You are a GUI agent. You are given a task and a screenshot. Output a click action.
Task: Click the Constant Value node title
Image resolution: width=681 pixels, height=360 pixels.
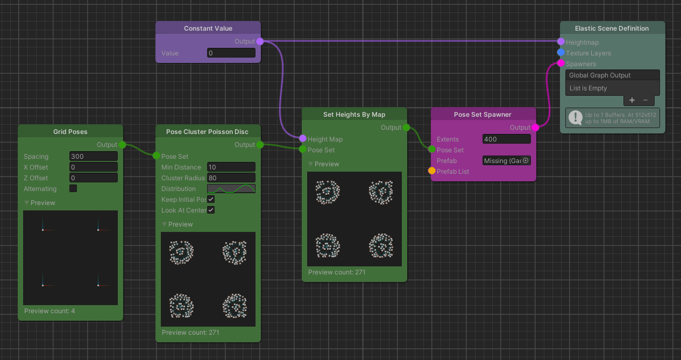click(208, 29)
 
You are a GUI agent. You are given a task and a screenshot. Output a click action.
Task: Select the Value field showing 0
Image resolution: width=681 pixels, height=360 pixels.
click(231, 53)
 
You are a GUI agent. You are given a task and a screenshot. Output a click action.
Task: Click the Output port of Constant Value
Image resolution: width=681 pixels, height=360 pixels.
click(260, 41)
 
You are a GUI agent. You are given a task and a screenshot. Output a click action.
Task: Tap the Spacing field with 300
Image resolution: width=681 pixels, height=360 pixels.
click(94, 157)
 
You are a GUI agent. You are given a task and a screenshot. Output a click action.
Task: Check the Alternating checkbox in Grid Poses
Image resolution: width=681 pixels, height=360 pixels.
click(73, 189)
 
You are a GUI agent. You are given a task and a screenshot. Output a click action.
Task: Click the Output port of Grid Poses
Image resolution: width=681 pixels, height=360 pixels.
click(122, 145)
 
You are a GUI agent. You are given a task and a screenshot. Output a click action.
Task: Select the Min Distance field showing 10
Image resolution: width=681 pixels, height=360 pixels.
click(231, 167)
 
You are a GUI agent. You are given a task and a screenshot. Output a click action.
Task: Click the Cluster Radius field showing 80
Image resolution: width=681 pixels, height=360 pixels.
click(231, 178)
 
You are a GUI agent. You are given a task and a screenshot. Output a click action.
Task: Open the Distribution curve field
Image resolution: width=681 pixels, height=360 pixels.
click(231, 189)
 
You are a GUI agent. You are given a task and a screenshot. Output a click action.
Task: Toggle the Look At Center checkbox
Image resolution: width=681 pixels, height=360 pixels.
click(211, 210)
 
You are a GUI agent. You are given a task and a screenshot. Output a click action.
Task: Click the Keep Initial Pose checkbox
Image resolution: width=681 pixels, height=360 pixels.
click(211, 200)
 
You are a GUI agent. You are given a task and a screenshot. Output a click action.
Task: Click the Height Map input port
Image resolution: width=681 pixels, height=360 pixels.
click(303, 139)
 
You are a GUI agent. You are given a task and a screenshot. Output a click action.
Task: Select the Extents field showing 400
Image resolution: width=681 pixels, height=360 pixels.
click(507, 139)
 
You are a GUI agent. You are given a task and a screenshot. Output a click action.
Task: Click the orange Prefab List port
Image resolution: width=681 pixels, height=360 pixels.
click(432, 171)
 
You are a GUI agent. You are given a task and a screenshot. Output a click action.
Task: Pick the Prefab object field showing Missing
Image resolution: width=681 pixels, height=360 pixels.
click(503, 161)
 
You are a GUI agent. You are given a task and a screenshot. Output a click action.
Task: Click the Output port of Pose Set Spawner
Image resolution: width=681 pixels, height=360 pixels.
click(535, 128)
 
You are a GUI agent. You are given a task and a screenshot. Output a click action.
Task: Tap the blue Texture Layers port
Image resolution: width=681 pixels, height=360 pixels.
click(561, 53)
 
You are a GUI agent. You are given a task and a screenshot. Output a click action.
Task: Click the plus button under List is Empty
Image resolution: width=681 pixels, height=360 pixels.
click(632, 100)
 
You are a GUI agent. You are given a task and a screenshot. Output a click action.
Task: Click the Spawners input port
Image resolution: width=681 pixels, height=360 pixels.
click(561, 63)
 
